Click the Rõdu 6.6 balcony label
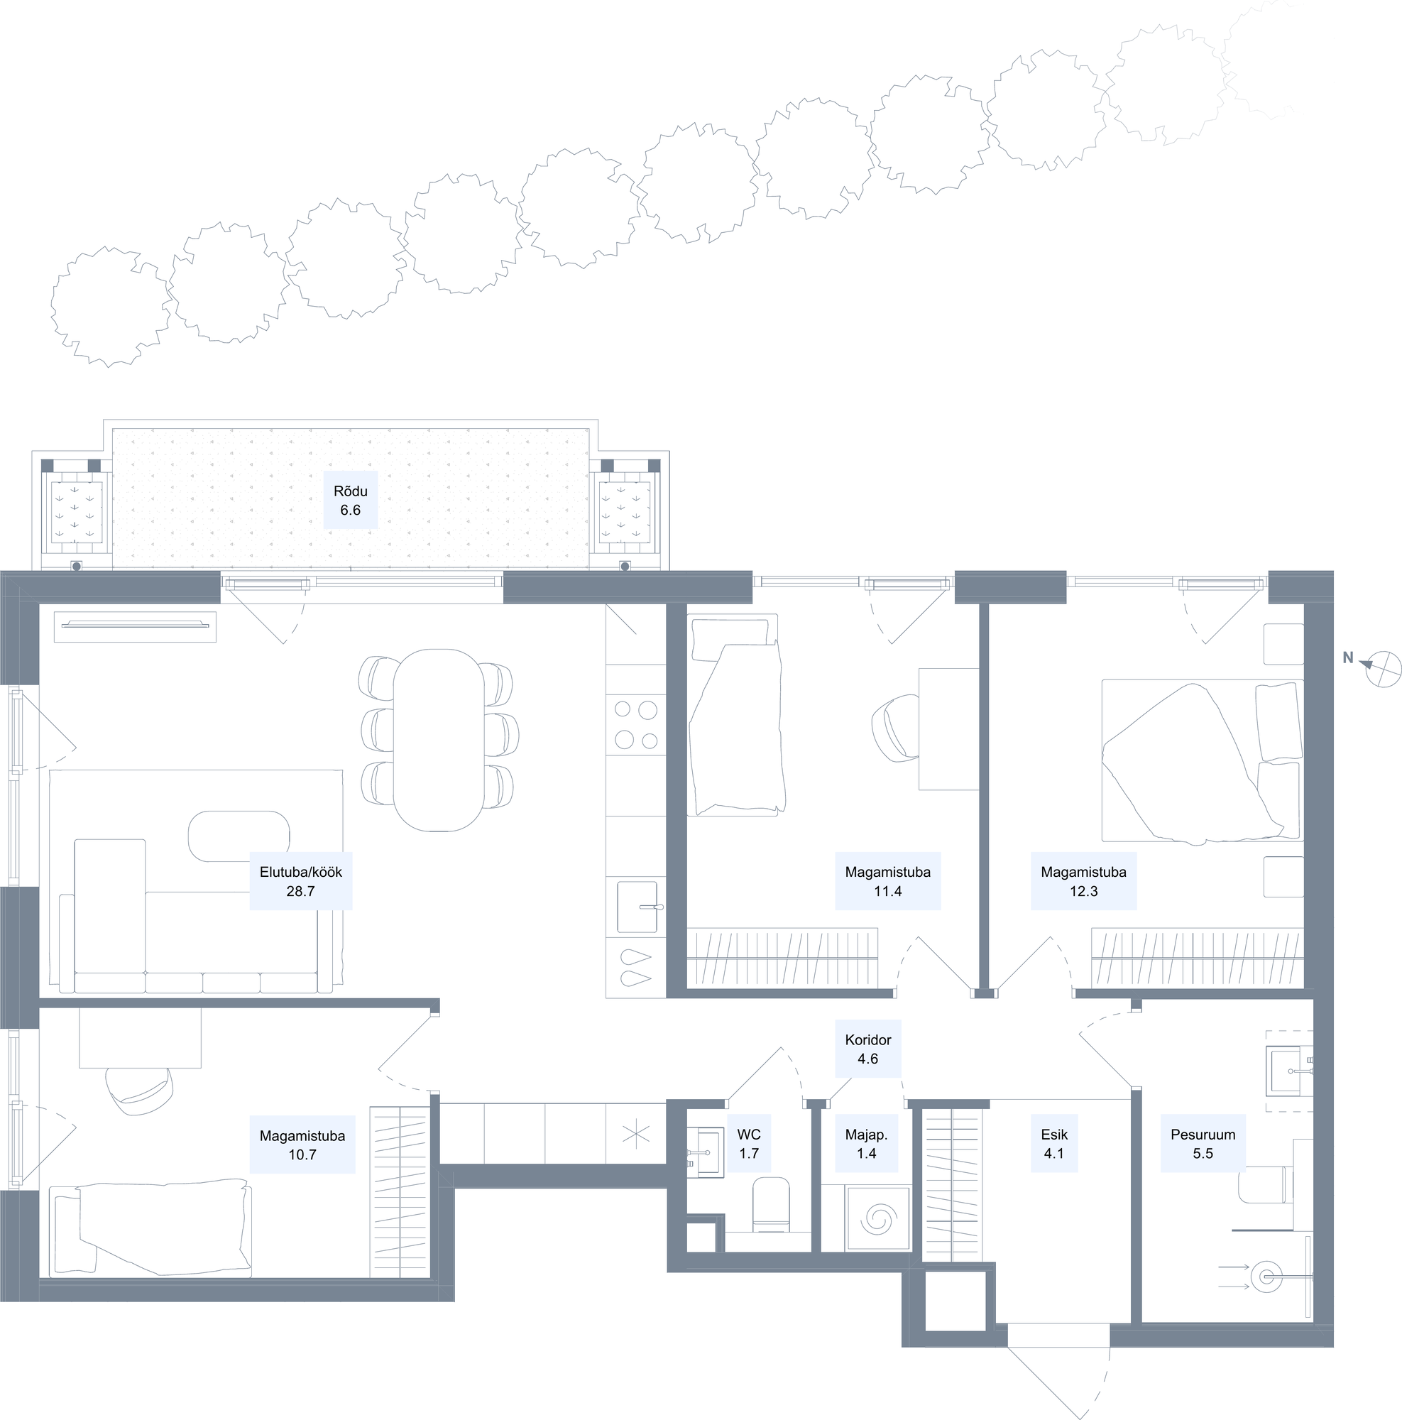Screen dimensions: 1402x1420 tap(351, 501)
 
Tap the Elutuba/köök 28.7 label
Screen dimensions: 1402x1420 tap(300, 881)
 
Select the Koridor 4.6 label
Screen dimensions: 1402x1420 tap(867, 1049)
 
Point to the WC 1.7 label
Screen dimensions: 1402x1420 tap(749, 1144)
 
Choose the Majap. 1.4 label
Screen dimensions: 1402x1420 tap(866, 1144)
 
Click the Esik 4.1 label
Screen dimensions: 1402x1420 tap(1053, 1144)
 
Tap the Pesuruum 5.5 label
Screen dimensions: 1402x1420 tap(1203, 1144)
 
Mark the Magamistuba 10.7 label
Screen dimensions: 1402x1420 tap(302, 1145)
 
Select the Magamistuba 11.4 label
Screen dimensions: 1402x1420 tap(887, 881)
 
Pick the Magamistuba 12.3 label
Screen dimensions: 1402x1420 tap(1084, 881)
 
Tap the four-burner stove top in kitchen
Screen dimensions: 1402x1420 tap(636, 725)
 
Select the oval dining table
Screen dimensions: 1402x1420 tap(439, 739)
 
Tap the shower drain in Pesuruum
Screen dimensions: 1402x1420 tap(1265, 1277)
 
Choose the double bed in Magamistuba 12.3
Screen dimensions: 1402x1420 tap(1202, 760)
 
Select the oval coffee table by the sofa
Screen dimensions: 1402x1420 tap(239, 836)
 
